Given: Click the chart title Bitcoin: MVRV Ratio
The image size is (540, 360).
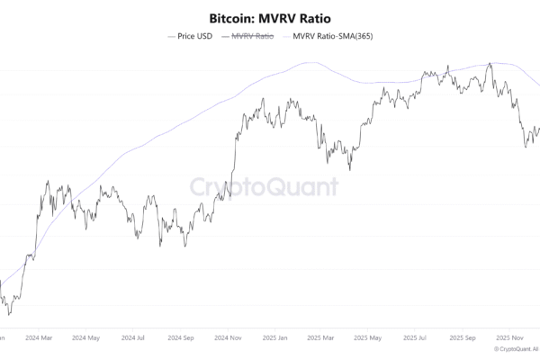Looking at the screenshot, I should [x=269, y=18].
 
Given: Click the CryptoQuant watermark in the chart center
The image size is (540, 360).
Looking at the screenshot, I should [x=264, y=187].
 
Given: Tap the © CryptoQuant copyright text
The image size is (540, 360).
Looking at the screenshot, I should [x=516, y=348].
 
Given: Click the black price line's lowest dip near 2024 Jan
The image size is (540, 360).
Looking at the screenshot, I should [x=9, y=314].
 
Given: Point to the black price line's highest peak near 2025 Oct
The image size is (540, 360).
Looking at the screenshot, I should [x=489, y=64].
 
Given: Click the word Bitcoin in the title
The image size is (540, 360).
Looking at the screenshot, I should [x=229, y=18].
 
